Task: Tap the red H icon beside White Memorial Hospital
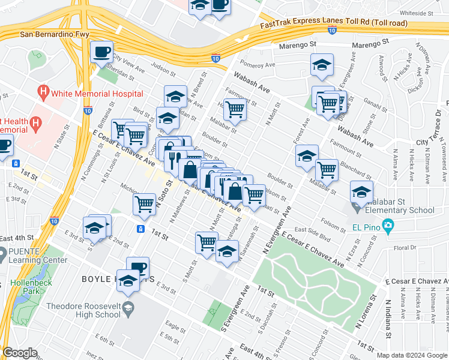43,94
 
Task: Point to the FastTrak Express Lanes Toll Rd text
333,23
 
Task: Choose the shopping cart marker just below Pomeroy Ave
235,109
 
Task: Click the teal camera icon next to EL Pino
388,227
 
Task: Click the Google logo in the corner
20,353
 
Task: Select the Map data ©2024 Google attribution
411,355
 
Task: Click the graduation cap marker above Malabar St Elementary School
362,192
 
